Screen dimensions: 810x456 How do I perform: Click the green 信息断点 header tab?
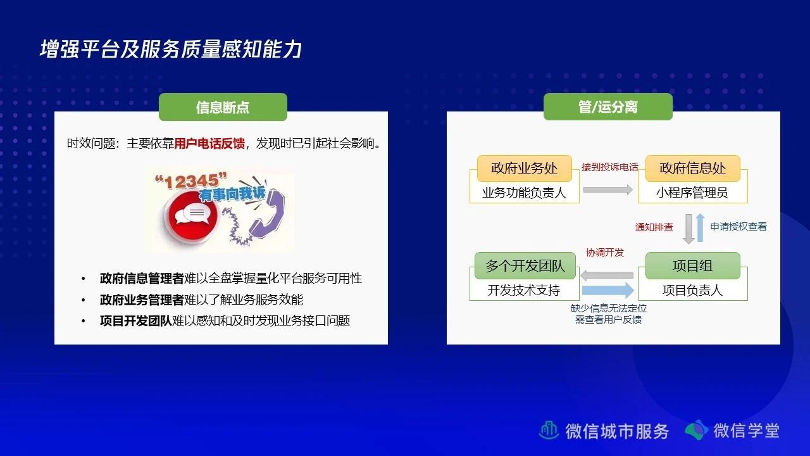point(223,107)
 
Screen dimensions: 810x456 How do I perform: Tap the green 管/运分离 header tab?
point(608,107)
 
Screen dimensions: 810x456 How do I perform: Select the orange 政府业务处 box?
point(525,168)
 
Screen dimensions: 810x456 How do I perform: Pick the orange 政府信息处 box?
point(692,168)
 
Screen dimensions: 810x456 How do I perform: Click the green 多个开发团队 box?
point(525,265)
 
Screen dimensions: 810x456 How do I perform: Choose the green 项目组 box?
point(692,265)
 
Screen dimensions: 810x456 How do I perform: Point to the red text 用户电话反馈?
point(209,144)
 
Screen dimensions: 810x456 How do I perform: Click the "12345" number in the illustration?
point(191,181)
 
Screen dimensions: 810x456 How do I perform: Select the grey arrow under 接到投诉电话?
point(608,189)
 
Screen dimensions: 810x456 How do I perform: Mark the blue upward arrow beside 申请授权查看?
point(700,227)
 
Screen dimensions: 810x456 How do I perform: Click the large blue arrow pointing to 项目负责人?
point(608,290)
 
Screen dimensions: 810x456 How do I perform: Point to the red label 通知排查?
point(654,227)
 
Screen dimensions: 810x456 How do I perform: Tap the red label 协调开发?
point(605,253)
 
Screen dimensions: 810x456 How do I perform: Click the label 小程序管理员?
point(692,193)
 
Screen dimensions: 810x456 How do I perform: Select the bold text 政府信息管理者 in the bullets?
point(142,278)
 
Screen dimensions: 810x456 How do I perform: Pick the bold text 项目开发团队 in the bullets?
point(136,320)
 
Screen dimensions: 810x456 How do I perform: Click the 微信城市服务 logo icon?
point(549,430)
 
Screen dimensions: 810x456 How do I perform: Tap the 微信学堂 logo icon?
point(696,430)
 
